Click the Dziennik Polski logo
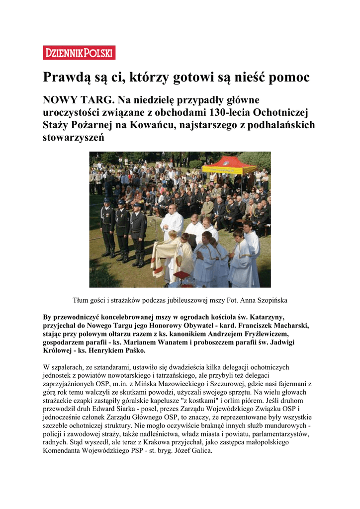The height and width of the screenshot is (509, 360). (x=79, y=53)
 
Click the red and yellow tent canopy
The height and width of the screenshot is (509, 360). (x=229, y=164)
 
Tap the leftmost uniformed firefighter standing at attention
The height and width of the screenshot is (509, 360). (x=107, y=226)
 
